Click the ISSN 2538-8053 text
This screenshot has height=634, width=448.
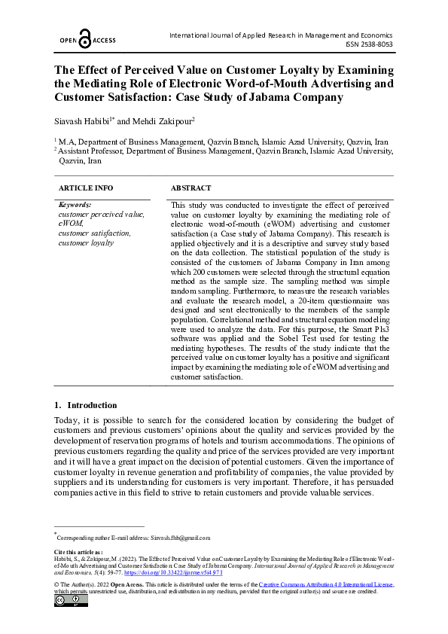click(x=368, y=44)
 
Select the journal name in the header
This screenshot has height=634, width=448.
click(x=282, y=35)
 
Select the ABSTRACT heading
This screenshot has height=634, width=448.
click(x=190, y=187)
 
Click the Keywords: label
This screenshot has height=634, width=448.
click(x=75, y=205)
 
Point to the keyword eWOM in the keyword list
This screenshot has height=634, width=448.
click(x=71, y=224)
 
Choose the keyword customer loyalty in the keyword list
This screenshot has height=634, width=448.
click(x=86, y=242)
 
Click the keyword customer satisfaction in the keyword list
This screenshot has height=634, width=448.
click(x=94, y=233)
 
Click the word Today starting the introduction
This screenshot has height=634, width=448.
click(x=68, y=419)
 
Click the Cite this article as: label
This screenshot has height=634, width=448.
click(x=78, y=552)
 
